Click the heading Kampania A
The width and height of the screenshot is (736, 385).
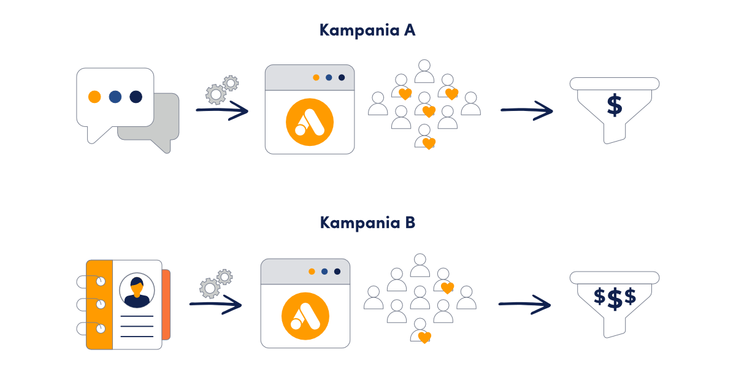367,30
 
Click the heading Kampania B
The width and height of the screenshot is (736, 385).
367,223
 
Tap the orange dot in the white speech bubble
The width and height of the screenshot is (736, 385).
94,97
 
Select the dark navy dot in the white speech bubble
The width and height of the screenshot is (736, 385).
136,97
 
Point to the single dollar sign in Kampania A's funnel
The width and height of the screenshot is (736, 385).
615,105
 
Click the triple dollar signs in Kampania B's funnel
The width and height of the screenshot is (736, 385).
615,299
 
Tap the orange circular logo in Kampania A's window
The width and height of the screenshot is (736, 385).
310,122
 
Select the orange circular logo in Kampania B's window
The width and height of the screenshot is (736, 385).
305,316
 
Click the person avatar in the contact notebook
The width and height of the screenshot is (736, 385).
137,291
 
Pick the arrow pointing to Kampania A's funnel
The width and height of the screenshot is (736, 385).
527,110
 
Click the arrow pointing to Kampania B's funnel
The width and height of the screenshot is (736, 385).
525,305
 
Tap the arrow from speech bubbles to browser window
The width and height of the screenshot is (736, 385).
222,110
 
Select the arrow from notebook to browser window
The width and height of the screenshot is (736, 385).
215,305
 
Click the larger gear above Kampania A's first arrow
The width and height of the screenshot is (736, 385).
216,94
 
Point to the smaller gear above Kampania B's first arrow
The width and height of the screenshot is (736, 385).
224,277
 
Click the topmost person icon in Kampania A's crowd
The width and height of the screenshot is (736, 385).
424,71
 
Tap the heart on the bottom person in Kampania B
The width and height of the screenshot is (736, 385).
424,338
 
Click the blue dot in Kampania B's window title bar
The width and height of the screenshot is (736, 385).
324,272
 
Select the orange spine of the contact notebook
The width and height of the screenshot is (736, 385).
99,305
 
